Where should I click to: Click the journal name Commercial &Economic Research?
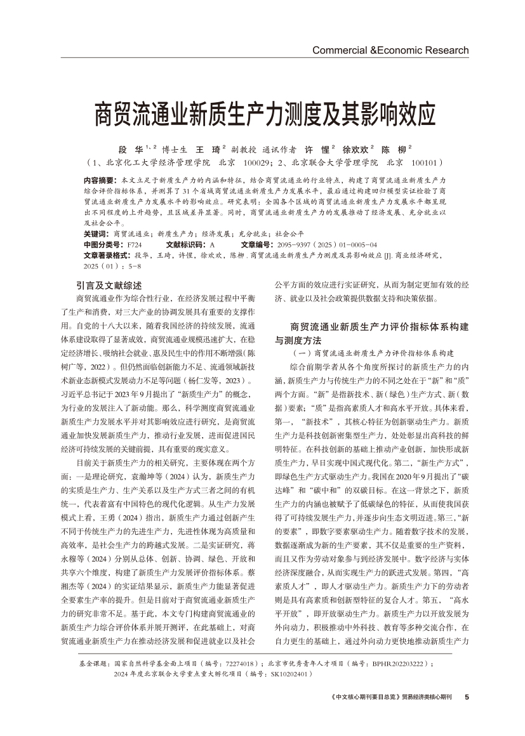click(x=390, y=50)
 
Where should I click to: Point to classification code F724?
click(x=135, y=244)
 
